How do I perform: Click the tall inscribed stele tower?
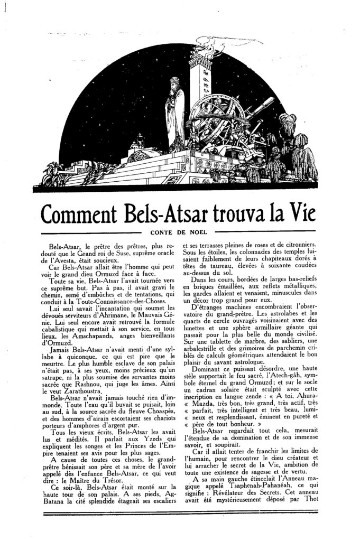200,79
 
